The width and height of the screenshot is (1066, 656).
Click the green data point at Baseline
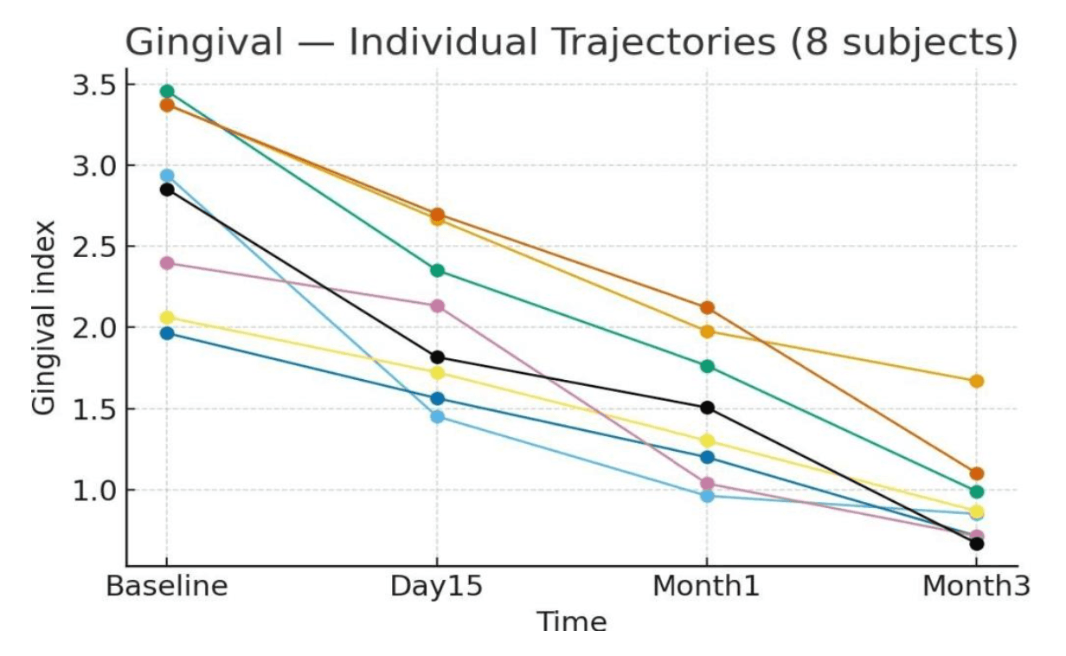167,92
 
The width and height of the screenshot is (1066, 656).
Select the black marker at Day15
437,357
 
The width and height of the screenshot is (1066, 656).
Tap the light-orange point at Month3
977,381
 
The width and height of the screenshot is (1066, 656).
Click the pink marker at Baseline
167,263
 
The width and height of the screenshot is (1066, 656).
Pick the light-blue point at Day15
437,417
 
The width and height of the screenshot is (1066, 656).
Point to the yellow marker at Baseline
167,318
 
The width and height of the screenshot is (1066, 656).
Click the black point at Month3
977,543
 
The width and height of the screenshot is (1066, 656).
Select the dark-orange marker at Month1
707,308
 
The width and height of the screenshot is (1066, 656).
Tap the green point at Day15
437,271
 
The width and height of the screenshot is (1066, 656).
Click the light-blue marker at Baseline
167,176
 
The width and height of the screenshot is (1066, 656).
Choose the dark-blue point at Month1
707,457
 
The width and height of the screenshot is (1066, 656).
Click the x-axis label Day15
436,586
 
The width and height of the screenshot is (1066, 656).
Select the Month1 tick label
706,586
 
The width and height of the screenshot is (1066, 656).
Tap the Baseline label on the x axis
167,586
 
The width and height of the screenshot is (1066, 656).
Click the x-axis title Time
571,621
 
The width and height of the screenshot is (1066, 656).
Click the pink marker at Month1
707,484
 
